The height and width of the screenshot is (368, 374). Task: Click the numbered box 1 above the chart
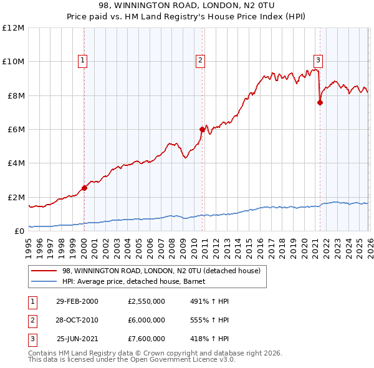83,61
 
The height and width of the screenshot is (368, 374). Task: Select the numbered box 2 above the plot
200,61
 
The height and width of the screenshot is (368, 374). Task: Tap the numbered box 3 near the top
318,61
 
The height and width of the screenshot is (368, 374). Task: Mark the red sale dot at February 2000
84,188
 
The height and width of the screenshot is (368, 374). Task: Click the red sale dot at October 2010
202,129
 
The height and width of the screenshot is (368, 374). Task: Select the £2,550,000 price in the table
146,301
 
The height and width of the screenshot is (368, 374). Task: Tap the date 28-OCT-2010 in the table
77,320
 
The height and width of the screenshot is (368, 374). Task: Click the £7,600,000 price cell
146,339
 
